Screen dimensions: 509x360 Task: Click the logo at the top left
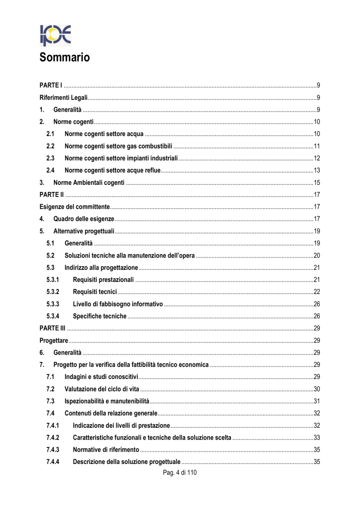tap(55, 35)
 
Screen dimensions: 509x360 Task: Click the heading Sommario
tap(64, 58)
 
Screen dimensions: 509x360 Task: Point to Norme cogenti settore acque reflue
tap(112, 170)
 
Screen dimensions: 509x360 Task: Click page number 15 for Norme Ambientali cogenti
tap(317, 182)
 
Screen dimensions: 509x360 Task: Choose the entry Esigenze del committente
tap(75, 206)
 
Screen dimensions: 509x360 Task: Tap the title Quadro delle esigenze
tap(84, 219)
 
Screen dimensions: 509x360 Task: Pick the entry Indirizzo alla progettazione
tap(101, 267)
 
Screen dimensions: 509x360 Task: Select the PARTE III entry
tap(52, 328)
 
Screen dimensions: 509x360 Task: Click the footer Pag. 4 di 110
tap(180, 472)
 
